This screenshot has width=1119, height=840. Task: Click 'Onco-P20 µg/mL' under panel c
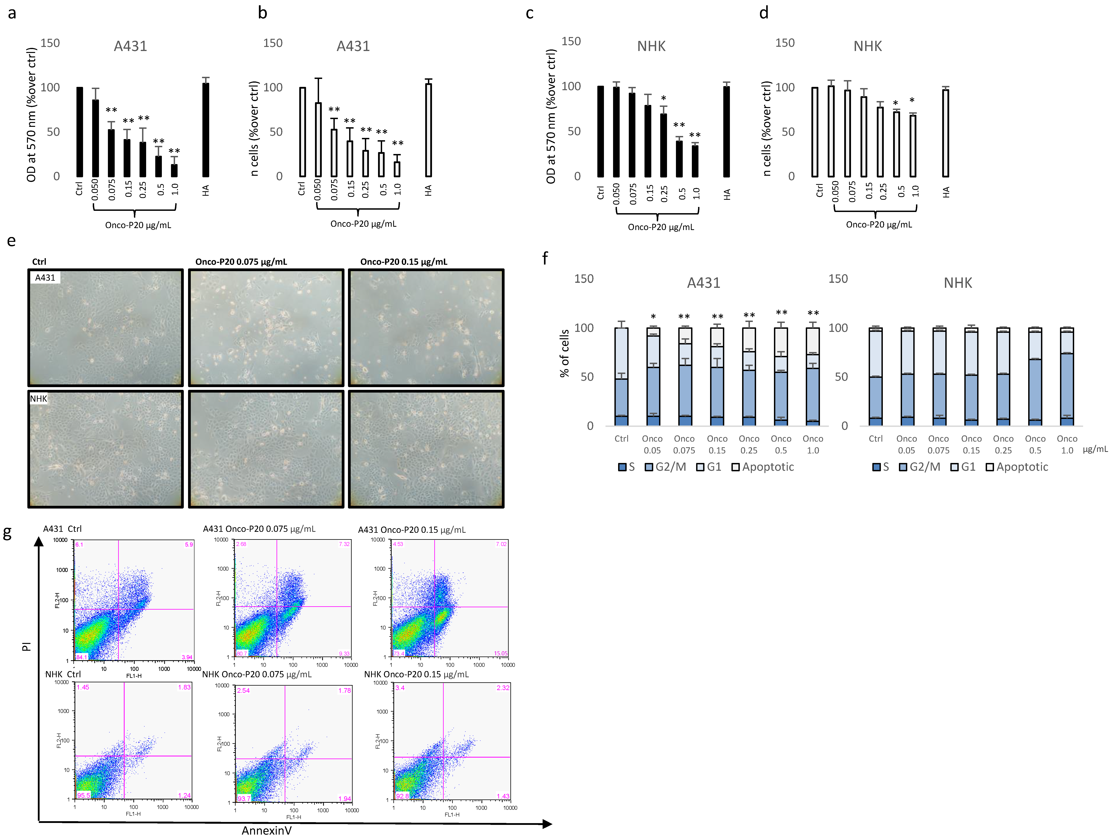661,227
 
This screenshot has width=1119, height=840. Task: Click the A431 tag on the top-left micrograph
45,278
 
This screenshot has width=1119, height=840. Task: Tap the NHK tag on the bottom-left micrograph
38,399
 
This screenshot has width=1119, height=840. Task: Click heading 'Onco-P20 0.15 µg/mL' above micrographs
403,261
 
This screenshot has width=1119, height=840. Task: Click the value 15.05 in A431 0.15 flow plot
500,653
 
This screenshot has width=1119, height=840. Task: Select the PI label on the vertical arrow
26,646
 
